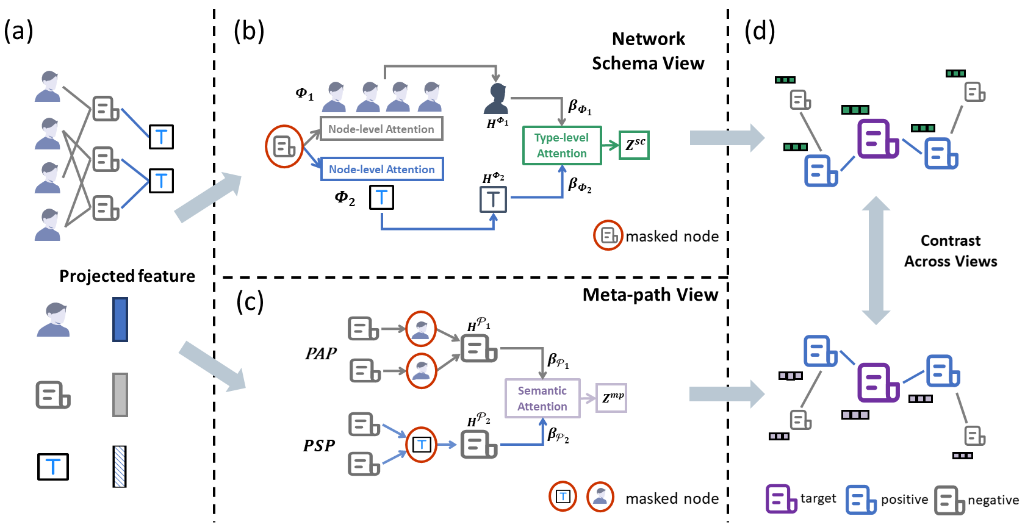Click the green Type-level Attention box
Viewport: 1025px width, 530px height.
(x=562, y=146)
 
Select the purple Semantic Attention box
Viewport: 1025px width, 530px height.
(x=542, y=398)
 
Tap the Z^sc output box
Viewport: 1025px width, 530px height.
(x=634, y=145)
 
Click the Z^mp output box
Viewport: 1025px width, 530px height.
(x=611, y=398)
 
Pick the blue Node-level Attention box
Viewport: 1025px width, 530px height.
(x=382, y=170)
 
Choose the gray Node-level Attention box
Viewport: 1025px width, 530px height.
(x=381, y=129)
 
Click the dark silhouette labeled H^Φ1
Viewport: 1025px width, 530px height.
(x=496, y=99)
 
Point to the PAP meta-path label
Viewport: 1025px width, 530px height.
(x=321, y=354)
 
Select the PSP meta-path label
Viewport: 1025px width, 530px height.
(x=319, y=446)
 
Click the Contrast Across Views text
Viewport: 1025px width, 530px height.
(x=950, y=251)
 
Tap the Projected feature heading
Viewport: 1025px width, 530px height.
(x=127, y=276)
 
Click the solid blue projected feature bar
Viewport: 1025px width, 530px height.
(x=120, y=320)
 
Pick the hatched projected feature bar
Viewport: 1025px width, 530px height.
(x=120, y=467)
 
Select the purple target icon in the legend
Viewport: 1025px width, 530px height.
(x=780, y=500)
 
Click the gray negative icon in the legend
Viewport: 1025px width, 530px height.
(x=949, y=500)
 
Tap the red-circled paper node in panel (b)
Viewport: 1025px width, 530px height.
(x=284, y=146)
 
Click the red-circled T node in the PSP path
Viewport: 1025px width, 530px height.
(x=421, y=445)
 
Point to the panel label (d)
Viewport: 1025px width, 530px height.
(x=760, y=30)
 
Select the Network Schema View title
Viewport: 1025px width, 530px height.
(x=648, y=51)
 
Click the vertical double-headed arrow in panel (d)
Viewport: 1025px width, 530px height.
(x=876, y=260)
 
